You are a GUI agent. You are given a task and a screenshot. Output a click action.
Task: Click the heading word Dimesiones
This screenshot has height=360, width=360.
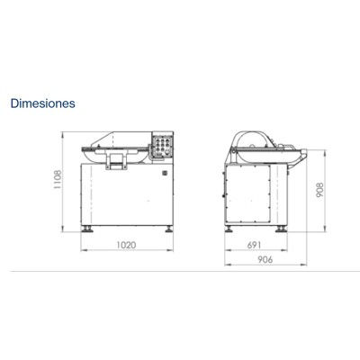point(42,103)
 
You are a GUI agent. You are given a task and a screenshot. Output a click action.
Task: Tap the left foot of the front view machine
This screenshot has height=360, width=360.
point(88,230)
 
